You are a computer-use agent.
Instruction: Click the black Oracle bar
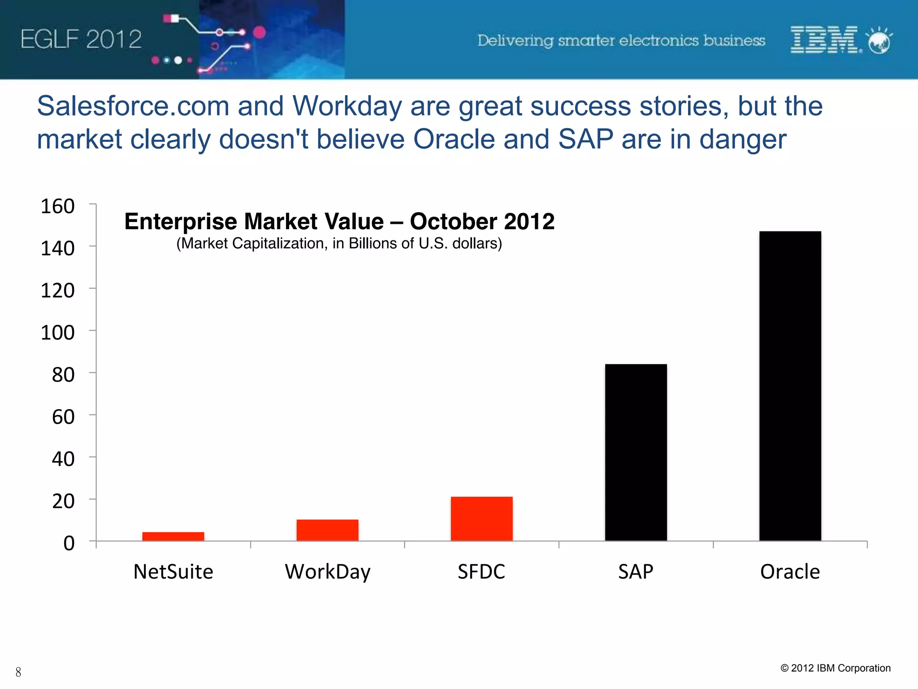pyautogui.click(x=790, y=386)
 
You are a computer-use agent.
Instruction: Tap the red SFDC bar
pyautogui.click(x=481, y=519)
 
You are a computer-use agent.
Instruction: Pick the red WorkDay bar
pyautogui.click(x=327, y=530)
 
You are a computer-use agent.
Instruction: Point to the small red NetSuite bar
pyautogui.click(x=173, y=536)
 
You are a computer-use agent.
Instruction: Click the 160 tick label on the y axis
pyautogui.click(x=57, y=206)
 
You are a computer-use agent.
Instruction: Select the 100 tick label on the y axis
pyautogui.click(x=57, y=333)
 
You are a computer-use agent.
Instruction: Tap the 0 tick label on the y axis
pyautogui.click(x=69, y=543)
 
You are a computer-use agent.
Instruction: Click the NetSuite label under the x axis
pyautogui.click(x=173, y=572)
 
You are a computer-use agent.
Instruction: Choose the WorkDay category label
pyautogui.click(x=328, y=572)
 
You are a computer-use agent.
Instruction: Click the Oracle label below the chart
pyautogui.click(x=790, y=572)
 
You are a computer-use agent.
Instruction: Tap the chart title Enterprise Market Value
pyautogui.click(x=339, y=222)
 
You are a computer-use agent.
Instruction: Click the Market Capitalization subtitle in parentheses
pyautogui.click(x=339, y=244)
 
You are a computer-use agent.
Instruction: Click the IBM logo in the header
pyautogui.click(x=825, y=40)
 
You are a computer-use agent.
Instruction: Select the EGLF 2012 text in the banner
pyautogui.click(x=81, y=39)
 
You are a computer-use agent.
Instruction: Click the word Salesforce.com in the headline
pyautogui.click(x=133, y=106)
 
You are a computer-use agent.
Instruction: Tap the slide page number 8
pyautogui.click(x=18, y=672)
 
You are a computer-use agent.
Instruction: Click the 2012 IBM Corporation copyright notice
pyautogui.click(x=836, y=668)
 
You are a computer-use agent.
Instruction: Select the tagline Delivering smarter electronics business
pyautogui.click(x=621, y=41)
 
